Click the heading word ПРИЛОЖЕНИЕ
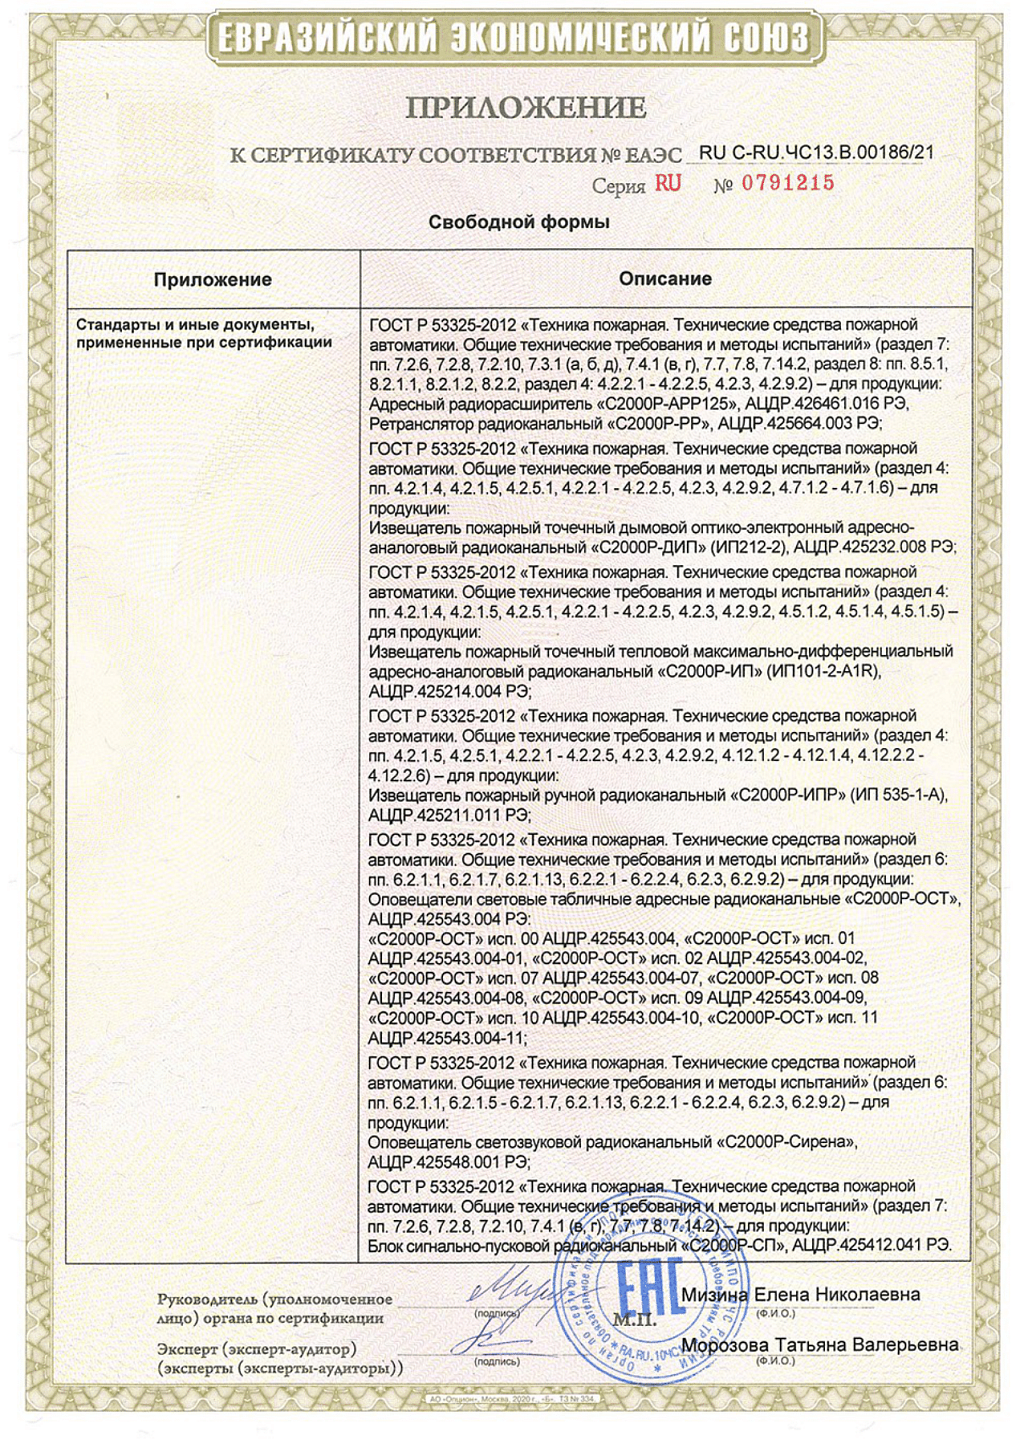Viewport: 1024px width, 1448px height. (526, 108)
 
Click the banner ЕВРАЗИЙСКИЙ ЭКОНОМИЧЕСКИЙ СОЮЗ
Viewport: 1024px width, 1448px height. (512, 39)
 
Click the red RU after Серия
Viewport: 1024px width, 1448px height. (668, 183)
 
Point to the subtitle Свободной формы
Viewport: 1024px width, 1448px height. (519, 222)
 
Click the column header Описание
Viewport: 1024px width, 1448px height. (665, 279)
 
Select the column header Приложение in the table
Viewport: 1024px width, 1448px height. (212, 280)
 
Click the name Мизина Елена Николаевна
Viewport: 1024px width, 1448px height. (800, 1295)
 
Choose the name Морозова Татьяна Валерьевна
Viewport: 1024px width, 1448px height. (819, 1345)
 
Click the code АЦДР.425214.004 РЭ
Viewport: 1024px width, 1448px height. (450, 691)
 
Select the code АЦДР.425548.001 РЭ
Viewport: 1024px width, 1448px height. (449, 1162)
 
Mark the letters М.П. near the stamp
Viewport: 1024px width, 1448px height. (634, 1319)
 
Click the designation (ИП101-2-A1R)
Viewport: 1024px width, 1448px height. (824, 671)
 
